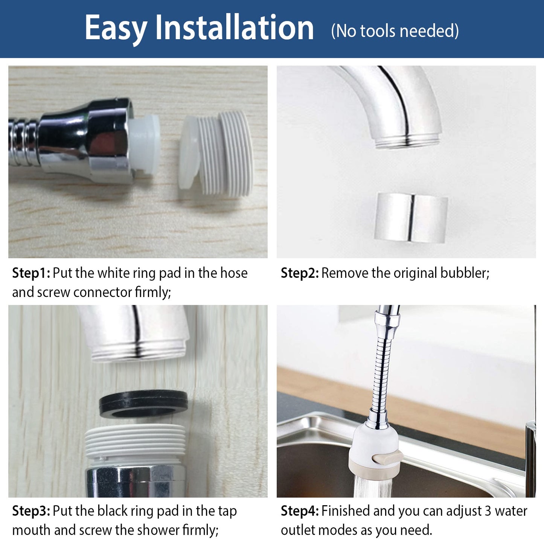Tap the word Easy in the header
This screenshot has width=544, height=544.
tap(116, 29)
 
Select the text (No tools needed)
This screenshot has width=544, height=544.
tap(395, 31)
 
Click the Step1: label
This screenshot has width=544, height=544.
tap(31, 273)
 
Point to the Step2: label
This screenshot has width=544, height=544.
tap(300, 273)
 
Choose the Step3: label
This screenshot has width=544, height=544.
tap(31, 511)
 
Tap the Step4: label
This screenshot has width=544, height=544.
tap(300, 511)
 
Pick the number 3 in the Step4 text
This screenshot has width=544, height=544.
tap(488, 511)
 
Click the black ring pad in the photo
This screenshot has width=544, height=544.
tap(143, 403)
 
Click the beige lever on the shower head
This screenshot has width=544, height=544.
tap(386, 459)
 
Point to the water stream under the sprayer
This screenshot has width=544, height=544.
tap(372, 488)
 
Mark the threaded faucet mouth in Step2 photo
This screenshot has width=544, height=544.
tap(407, 141)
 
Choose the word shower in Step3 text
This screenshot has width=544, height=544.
tap(159, 530)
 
